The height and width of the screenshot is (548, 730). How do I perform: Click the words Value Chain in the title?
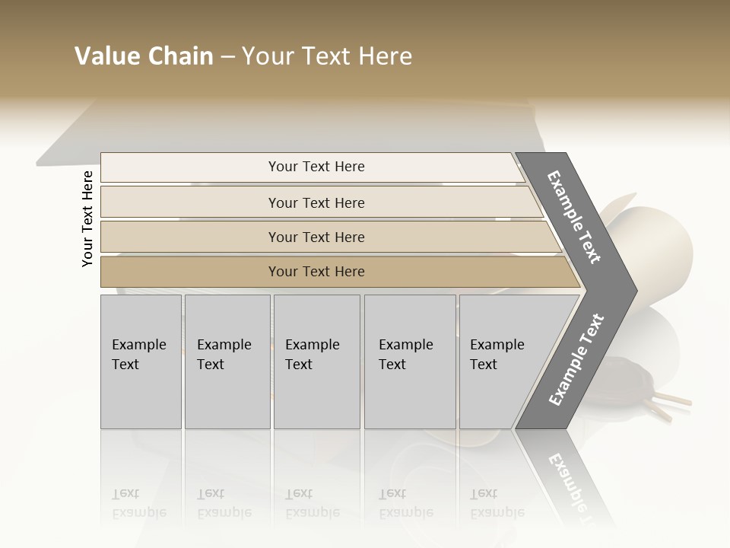pyautogui.click(x=144, y=56)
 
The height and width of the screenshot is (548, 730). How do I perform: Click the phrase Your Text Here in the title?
pyautogui.click(x=327, y=56)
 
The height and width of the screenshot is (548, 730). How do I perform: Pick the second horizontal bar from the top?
pyautogui.click(x=316, y=202)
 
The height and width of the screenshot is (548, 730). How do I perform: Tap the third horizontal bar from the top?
pyautogui.click(x=316, y=237)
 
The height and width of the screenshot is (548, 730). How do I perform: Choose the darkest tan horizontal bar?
pyautogui.click(x=316, y=272)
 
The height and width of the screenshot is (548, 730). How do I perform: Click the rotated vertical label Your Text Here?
pyautogui.click(x=87, y=218)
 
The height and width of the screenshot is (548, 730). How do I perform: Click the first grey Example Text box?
pyautogui.click(x=141, y=361)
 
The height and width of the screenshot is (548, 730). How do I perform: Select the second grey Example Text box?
pyautogui.click(x=227, y=361)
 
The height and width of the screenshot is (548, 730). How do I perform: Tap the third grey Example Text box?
pyautogui.click(x=316, y=361)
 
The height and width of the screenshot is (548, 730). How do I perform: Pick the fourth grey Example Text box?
pyautogui.click(x=410, y=361)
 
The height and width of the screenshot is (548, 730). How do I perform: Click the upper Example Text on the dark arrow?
pyautogui.click(x=574, y=217)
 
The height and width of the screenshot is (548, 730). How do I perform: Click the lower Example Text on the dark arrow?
pyautogui.click(x=576, y=359)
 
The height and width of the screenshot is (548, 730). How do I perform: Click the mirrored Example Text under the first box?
pyautogui.click(x=138, y=504)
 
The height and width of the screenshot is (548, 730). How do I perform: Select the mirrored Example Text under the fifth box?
pyautogui.click(x=497, y=504)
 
